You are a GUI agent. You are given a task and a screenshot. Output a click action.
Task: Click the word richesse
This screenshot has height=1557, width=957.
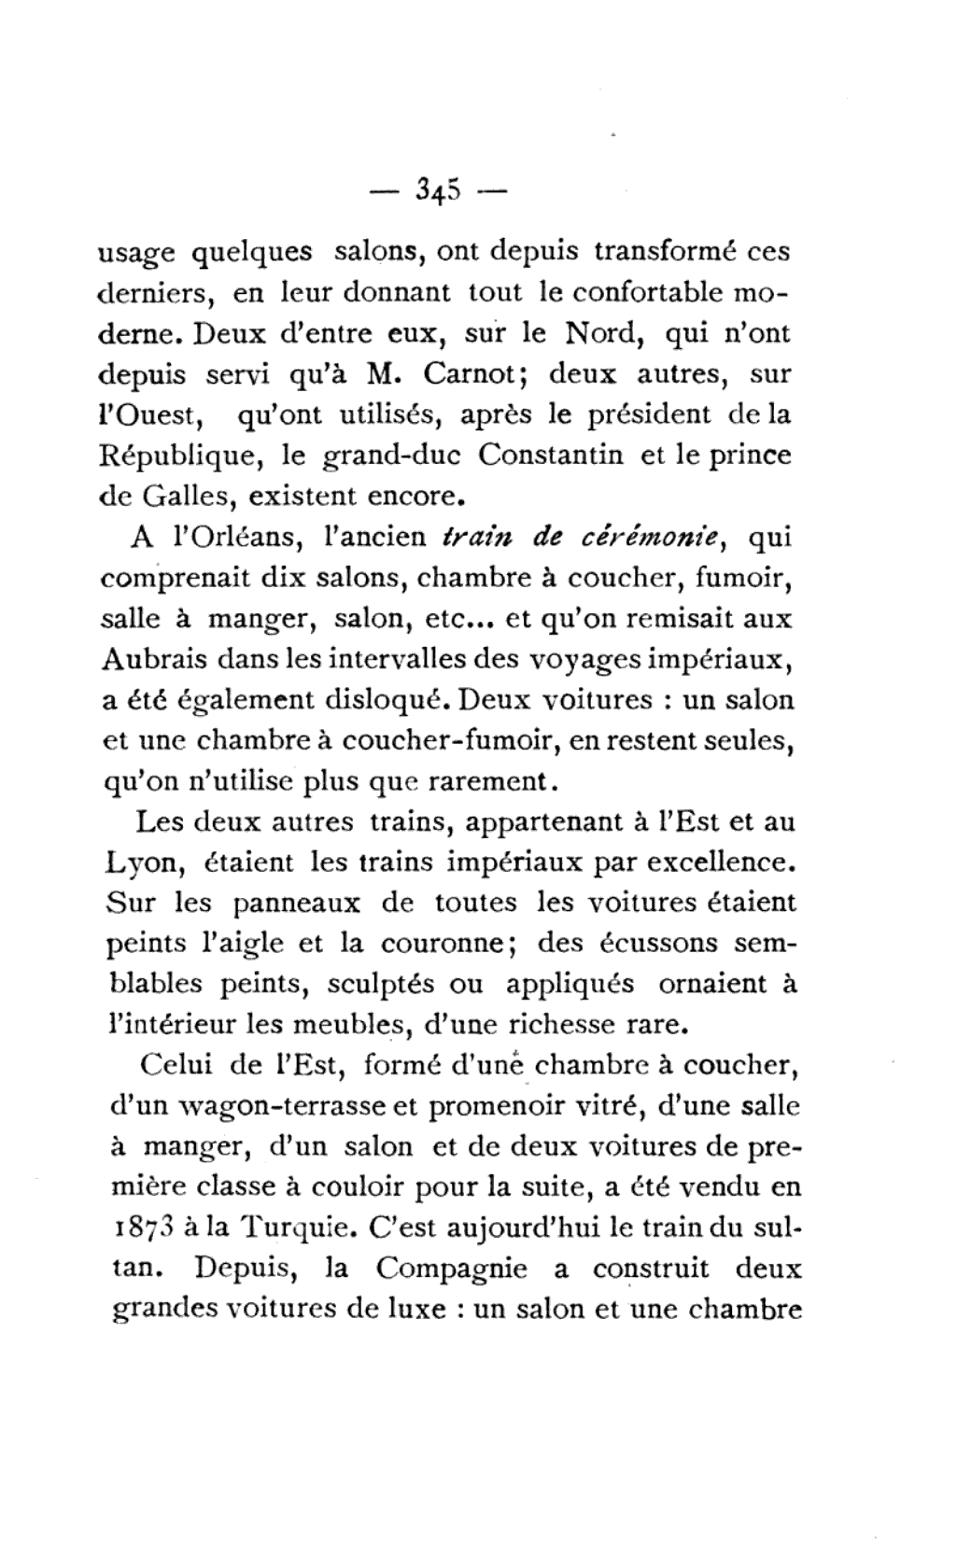(563, 1024)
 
